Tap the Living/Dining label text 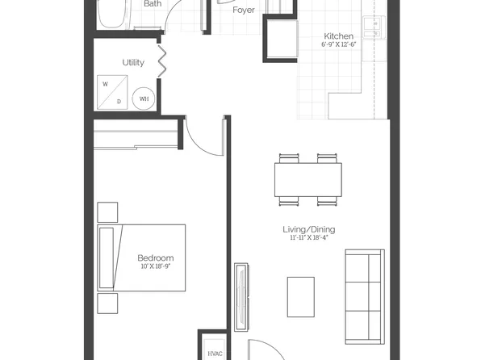coord(312,230)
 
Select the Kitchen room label coord(337,36)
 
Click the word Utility coord(133,62)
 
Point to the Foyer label coord(244,10)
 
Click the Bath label coord(153,4)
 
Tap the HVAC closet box coord(215,352)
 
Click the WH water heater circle coord(144,98)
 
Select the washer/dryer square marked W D coord(114,92)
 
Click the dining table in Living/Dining coord(308,178)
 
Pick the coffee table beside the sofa coord(301,296)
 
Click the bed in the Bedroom coord(142,257)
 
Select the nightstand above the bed coord(107,211)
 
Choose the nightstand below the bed coord(107,303)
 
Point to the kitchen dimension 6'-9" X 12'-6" coord(337,45)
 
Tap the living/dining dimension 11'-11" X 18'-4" coord(313,239)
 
